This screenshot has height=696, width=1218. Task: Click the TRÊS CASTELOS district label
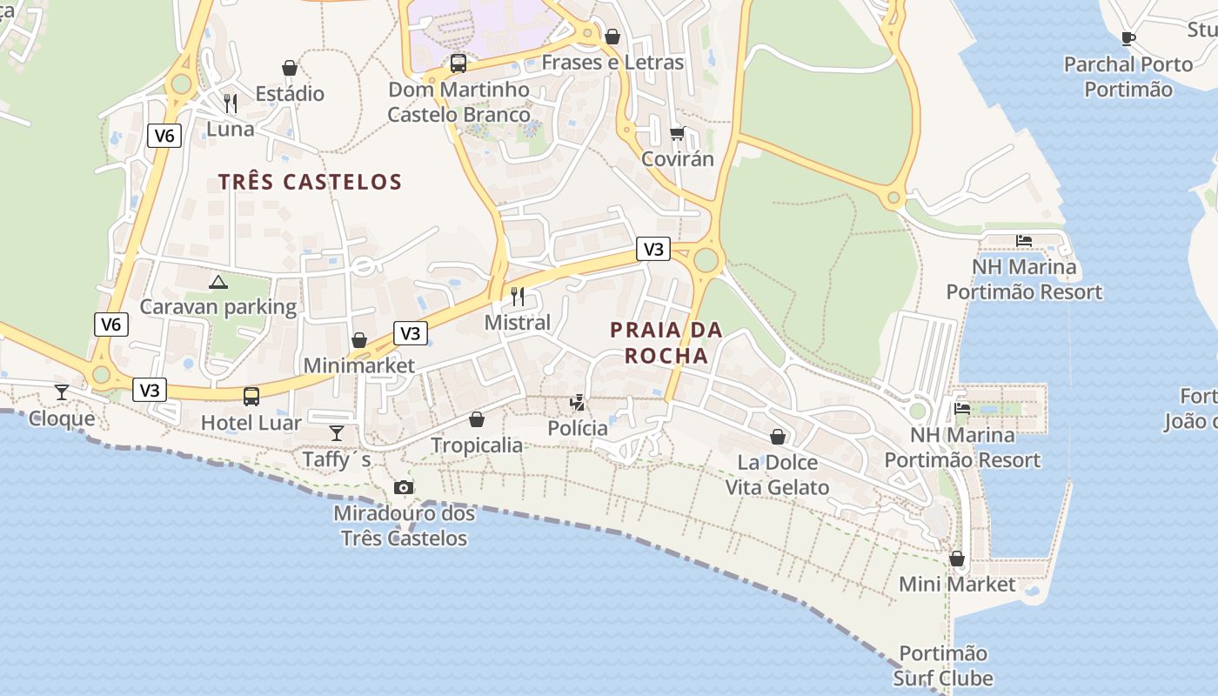pos(310,182)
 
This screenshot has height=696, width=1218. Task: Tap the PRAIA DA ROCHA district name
pos(666,343)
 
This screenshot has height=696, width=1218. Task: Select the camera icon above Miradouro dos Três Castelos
pos(404,487)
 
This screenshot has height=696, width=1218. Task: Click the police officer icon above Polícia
pos(577,402)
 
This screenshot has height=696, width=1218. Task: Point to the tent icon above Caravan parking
pos(218,282)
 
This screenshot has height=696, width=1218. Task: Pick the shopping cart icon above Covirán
pos(678,133)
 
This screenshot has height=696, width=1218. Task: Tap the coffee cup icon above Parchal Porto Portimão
pos(1128,38)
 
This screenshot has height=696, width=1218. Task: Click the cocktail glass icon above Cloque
pos(61,392)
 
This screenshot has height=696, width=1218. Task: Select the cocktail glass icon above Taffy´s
pos(337,432)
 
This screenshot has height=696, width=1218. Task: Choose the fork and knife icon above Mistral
pos(518,297)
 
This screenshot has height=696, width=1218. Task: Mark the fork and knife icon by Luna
pos(231,104)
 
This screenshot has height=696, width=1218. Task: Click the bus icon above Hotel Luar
pos(251,397)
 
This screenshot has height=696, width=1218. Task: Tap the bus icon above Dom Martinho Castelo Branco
pos(458,64)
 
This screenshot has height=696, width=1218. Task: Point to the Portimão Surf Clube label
pos(943,666)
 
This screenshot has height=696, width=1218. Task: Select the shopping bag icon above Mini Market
pos(957,559)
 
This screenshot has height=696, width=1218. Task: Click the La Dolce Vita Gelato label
pos(778,474)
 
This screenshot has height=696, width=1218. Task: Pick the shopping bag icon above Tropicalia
pos(477,419)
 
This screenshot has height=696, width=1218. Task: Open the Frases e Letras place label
pos(612,63)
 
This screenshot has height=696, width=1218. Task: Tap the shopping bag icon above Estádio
pos(290,68)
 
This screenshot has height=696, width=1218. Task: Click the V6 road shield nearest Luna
pos(164,135)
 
